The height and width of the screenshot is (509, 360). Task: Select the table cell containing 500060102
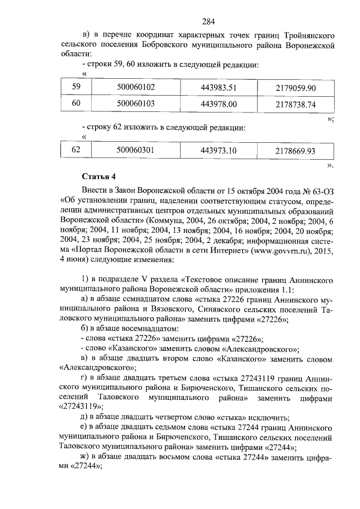click(x=136, y=87)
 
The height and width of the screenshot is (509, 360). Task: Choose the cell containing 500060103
click(x=136, y=103)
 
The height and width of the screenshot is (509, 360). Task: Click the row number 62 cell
click(x=76, y=150)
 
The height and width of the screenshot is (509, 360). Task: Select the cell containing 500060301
click(x=136, y=150)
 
